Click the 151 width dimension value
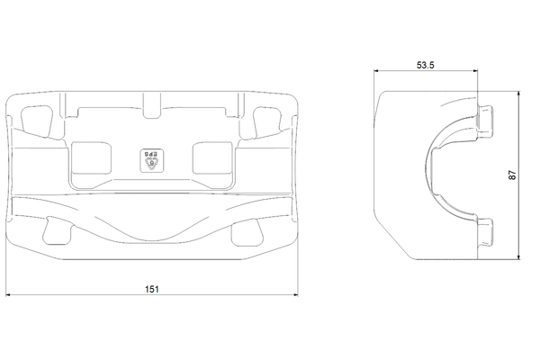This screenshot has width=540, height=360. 152,289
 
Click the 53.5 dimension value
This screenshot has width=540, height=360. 426,65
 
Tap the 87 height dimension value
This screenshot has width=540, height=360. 512,175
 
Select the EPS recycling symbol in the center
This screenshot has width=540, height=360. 152,160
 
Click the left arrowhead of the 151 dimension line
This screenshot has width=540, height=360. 8,295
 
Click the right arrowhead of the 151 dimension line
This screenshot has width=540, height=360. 296,295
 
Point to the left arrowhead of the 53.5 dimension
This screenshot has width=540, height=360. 376,71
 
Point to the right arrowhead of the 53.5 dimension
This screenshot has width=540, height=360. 475,71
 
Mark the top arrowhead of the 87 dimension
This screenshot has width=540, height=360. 518,94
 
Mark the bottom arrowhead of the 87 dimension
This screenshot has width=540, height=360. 518,257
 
